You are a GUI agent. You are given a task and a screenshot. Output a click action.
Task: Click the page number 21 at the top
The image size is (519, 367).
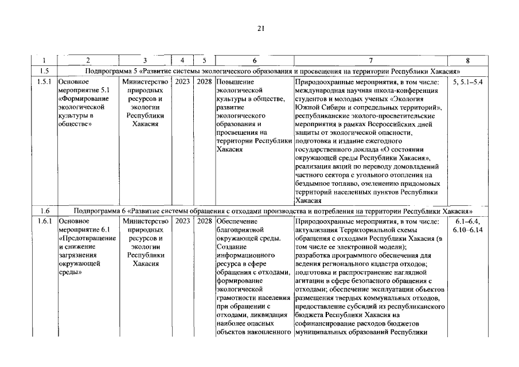pyautogui.click(x=259, y=28)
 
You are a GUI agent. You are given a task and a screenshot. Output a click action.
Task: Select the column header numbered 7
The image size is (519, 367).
pyautogui.click(x=370, y=60)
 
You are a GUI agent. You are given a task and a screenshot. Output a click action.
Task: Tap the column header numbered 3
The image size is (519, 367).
pyautogui.click(x=145, y=60)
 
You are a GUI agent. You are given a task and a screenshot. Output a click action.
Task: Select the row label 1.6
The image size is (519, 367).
pyautogui.click(x=44, y=210)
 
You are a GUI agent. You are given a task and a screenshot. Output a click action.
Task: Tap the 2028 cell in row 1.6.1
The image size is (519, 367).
pyautogui.click(x=204, y=221)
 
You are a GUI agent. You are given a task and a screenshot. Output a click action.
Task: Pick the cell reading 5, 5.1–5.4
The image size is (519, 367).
pyautogui.click(x=467, y=81)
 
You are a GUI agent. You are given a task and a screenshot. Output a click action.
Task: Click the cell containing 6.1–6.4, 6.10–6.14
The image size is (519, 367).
pyautogui.click(x=467, y=225)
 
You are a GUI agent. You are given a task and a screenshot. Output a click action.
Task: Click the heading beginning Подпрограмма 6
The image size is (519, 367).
pyautogui.click(x=272, y=210)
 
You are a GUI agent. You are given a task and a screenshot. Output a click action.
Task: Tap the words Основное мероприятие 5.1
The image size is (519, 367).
pyautogui.click(x=80, y=86)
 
